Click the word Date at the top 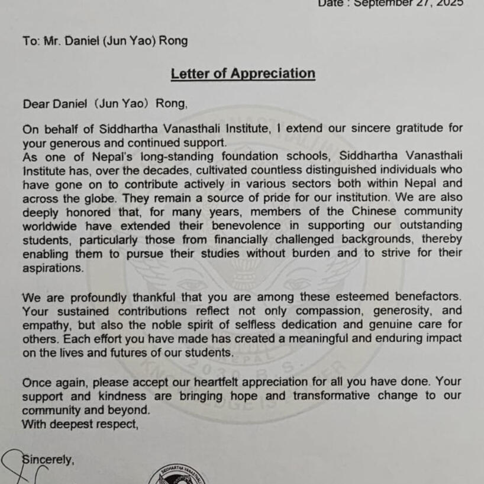(331, 4)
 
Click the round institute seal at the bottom (178, 476)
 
